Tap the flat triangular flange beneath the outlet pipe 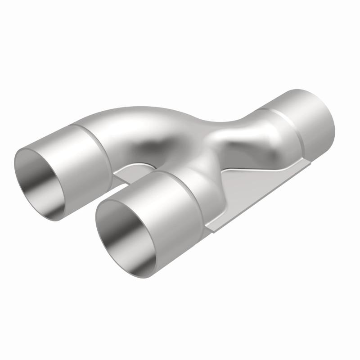[x=252, y=184]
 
